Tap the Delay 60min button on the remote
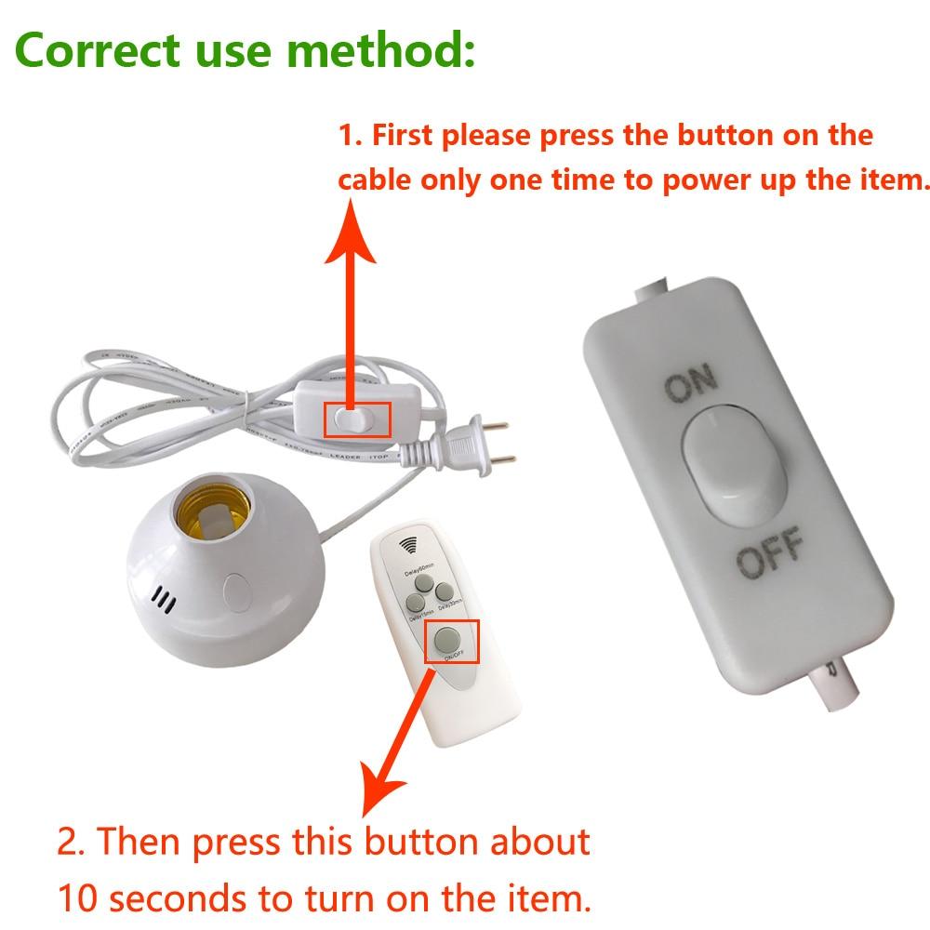click(x=424, y=583)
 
